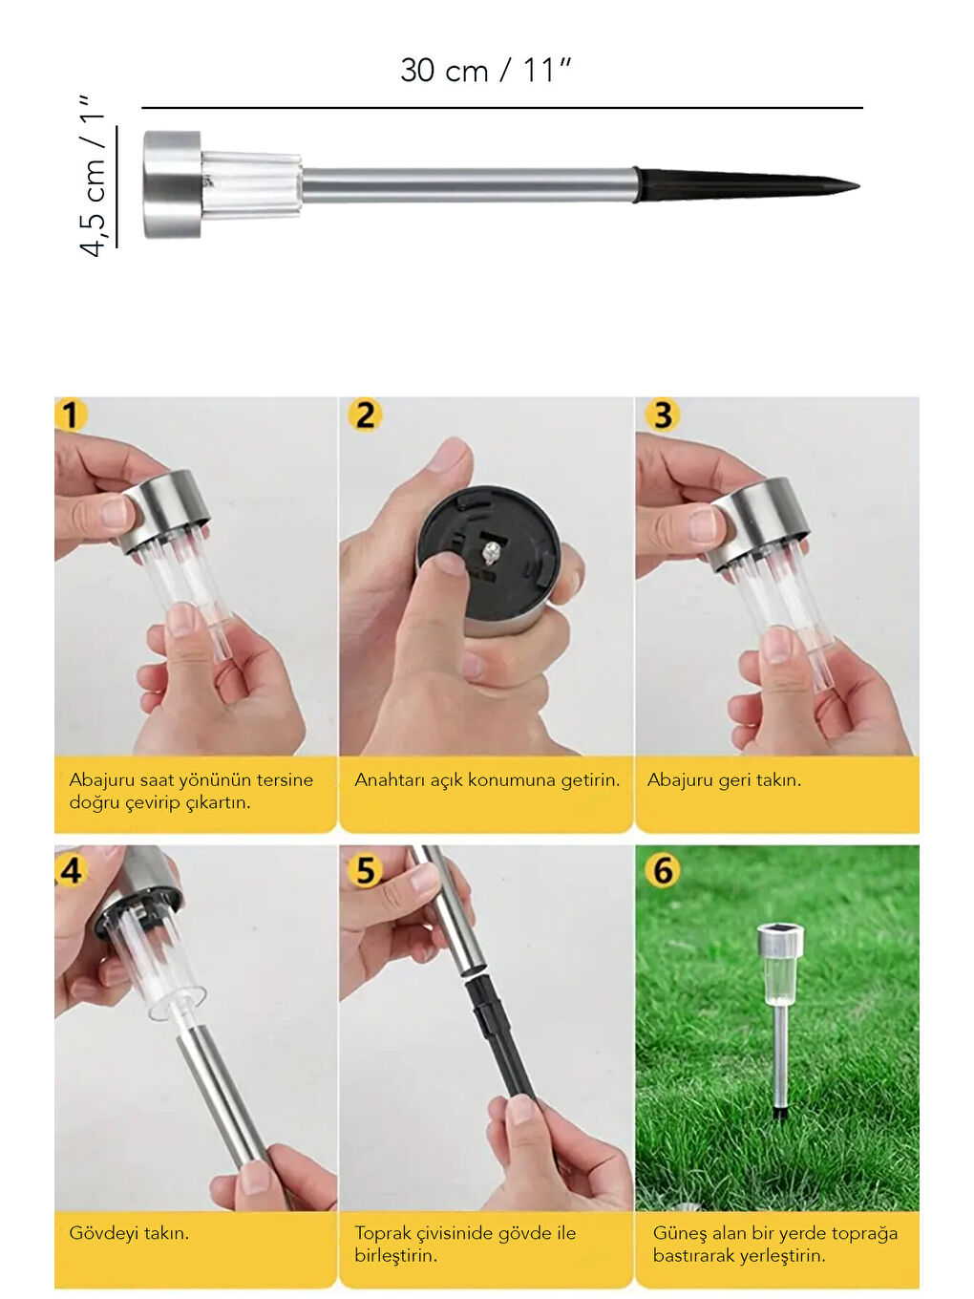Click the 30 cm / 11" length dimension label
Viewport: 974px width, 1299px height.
(485, 71)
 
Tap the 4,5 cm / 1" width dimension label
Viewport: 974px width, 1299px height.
(94, 175)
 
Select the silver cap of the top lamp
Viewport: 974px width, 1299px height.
(172, 184)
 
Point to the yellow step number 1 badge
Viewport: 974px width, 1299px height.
(71, 415)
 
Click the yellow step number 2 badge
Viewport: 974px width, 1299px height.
(364, 415)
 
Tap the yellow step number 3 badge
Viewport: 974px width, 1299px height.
(663, 415)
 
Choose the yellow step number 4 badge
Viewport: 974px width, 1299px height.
(71, 870)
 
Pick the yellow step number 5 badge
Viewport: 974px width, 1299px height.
(364, 870)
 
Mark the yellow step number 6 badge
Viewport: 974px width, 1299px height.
(663, 870)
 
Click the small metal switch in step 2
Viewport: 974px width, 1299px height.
(490, 553)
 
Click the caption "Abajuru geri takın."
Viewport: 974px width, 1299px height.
(724, 780)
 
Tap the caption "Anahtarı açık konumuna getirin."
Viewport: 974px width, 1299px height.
(487, 780)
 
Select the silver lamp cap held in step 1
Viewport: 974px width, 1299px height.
(164, 510)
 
